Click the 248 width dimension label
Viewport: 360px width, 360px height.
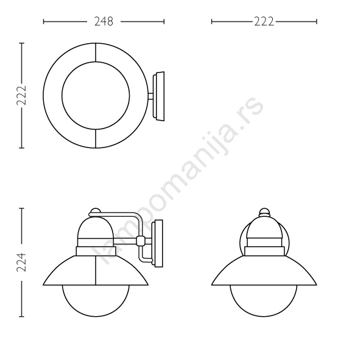point(104,21)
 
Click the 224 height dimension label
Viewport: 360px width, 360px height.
point(21,262)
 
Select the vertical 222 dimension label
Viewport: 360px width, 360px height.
point(21,96)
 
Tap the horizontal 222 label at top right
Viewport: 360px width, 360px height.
point(264,21)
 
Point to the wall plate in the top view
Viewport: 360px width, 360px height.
point(159,96)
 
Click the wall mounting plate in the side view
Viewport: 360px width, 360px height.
point(158,244)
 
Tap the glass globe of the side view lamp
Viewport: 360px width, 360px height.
point(96,317)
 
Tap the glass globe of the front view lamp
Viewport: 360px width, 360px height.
point(264,317)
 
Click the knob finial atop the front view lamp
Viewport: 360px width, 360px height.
point(264,212)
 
